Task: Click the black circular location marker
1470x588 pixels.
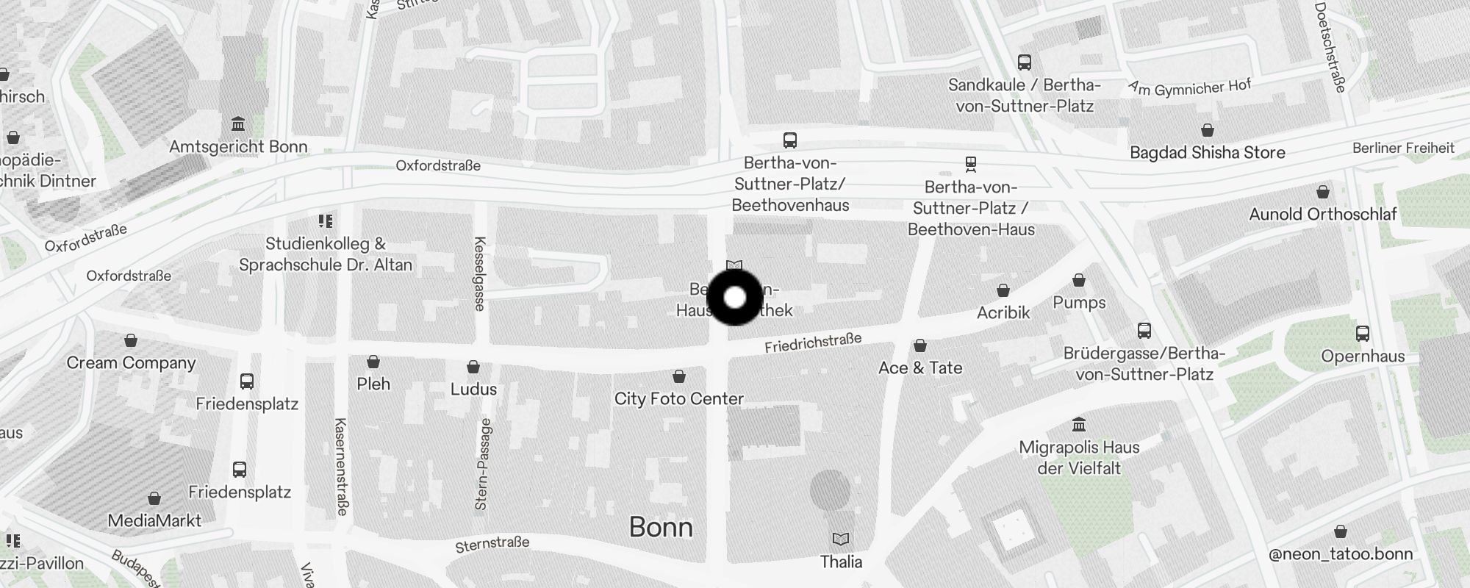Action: click(x=735, y=298)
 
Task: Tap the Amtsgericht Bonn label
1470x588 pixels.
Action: click(x=238, y=147)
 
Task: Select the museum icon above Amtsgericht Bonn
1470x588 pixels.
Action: click(x=238, y=123)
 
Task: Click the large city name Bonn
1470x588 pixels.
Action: click(x=661, y=527)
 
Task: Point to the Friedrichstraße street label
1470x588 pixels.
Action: click(x=812, y=343)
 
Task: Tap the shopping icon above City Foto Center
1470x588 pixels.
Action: click(x=679, y=376)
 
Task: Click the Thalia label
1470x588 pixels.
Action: click(x=841, y=562)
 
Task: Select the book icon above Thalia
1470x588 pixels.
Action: click(x=841, y=539)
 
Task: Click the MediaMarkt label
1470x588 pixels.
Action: click(x=154, y=521)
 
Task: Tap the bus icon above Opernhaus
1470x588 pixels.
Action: click(x=1363, y=334)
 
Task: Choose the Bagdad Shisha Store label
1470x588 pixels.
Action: click(x=1207, y=153)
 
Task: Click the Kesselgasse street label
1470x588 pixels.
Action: click(x=480, y=273)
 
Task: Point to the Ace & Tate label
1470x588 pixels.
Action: click(x=920, y=367)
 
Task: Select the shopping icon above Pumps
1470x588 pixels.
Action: click(x=1079, y=281)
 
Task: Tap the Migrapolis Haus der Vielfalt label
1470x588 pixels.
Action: click(x=1079, y=457)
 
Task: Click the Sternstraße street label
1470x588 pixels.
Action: click(x=492, y=545)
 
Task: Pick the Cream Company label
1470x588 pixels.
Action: click(x=131, y=363)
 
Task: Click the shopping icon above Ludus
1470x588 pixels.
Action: click(x=474, y=367)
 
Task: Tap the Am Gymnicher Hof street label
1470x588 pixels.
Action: click(x=1189, y=88)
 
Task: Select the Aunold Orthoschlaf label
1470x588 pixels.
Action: click(x=1322, y=215)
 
